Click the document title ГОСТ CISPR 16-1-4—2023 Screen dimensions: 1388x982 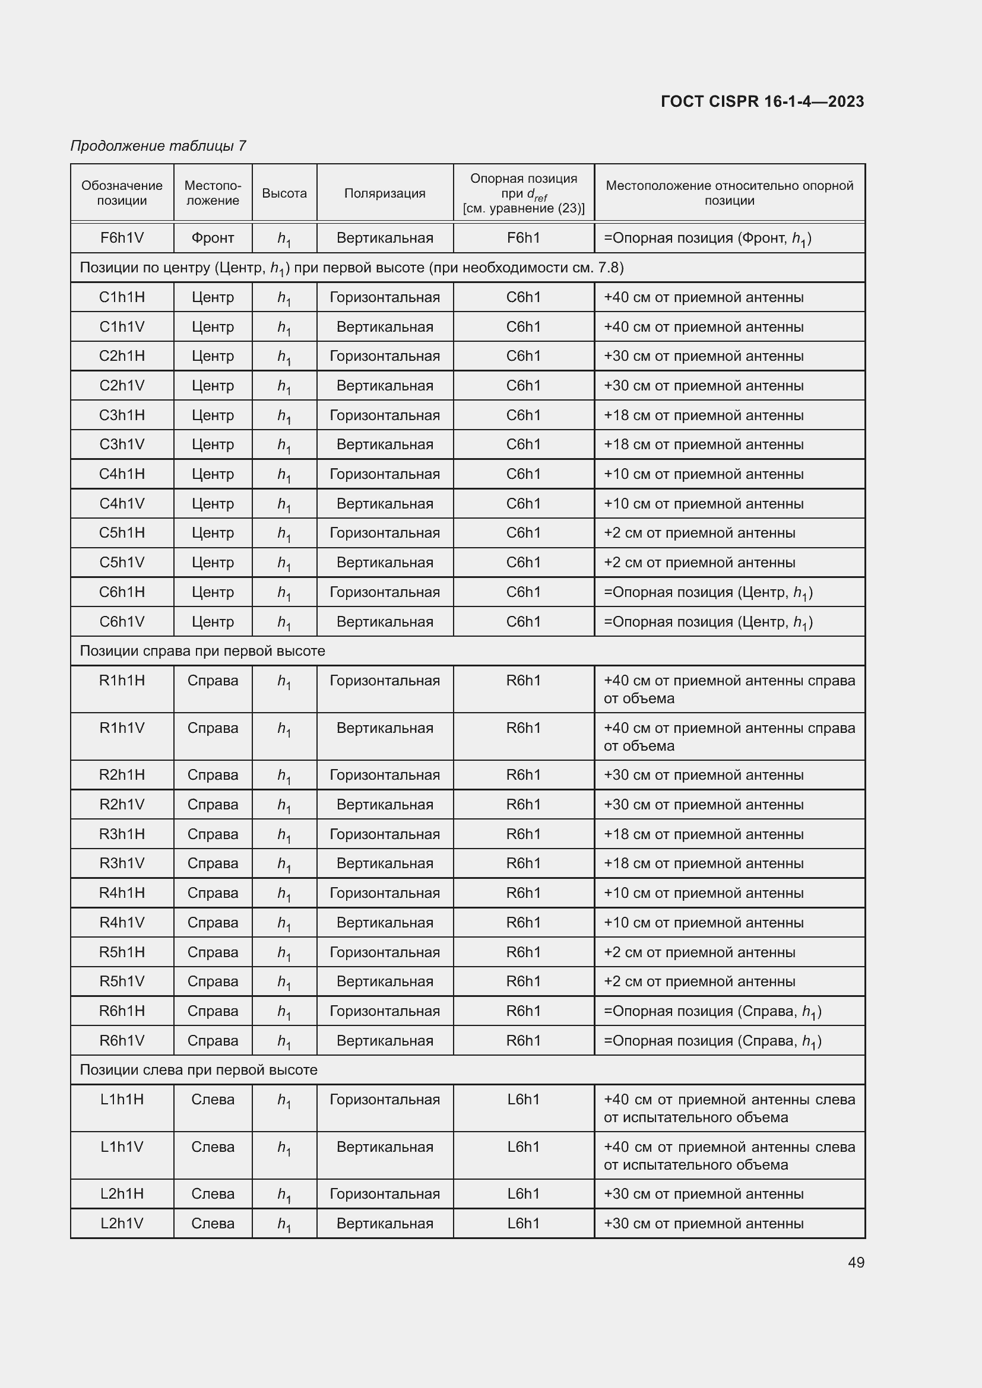tap(762, 101)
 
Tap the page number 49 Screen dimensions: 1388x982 tap(856, 1262)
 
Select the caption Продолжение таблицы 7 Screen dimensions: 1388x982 tap(159, 146)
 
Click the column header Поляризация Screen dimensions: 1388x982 tap(385, 193)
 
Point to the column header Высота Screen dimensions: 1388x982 tap(284, 193)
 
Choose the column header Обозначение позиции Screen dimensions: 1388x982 tap(122, 193)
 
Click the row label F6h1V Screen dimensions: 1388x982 tap(122, 238)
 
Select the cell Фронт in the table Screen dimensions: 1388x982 tap(213, 238)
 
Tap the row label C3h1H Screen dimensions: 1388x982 tap(122, 415)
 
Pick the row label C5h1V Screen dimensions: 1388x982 tap(122, 563)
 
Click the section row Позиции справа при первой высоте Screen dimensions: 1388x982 tap(202, 651)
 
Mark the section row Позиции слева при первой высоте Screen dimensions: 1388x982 tap(198, 1070)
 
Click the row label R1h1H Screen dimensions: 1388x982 tap(122, 681)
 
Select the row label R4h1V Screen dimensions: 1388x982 tap(122, 923)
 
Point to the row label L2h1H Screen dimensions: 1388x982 tap(122, 1194)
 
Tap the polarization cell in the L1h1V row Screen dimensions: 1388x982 tap(385, 1147)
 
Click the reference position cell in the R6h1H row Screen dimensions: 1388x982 tap(524, 1011)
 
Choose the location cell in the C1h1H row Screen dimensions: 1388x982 tap(213, 297)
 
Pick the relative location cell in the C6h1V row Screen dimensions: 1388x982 tap(708, 622)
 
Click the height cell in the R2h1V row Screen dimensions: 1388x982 tap(284, 805)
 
